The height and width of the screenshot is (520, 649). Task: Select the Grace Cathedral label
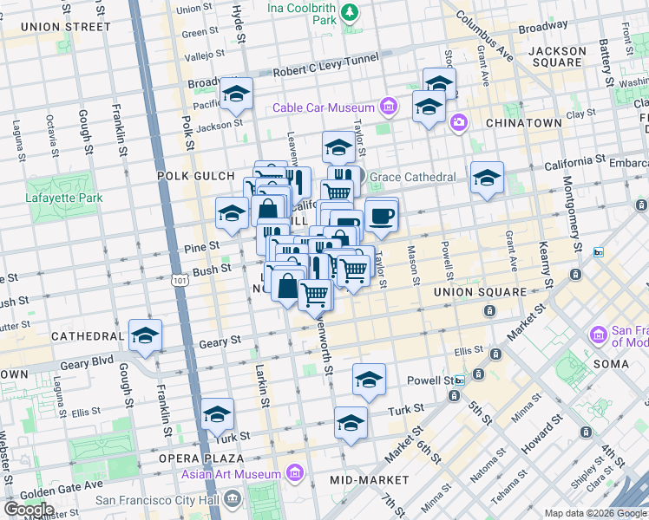click(412, 177)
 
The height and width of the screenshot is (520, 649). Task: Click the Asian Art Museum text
click(231, 474)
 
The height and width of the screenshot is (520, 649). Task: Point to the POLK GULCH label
click(190, 176)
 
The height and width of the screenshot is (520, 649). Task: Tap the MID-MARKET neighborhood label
click(370, 479)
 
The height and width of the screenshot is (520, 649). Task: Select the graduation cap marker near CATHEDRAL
click(145, 335)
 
